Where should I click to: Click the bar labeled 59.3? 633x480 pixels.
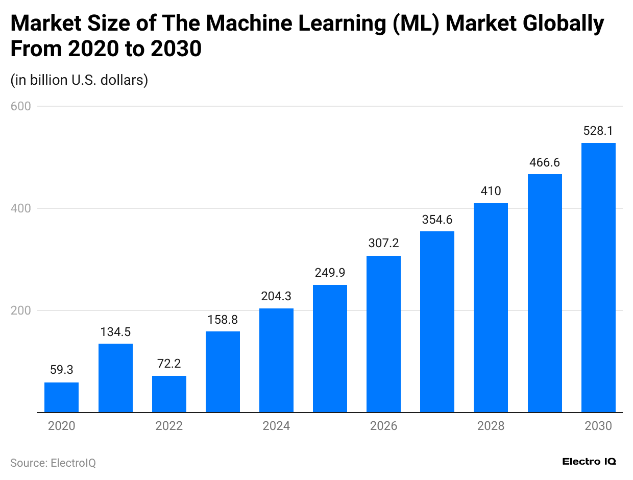[x=62, y=397]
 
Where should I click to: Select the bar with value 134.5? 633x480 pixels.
[x=115, y=378]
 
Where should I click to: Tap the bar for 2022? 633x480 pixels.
[x=169, y=394]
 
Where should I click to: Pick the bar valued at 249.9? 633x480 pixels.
[x=330, y=348]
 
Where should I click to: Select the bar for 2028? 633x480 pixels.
[x=491, y=307]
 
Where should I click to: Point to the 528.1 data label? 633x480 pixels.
[x=598, y=131]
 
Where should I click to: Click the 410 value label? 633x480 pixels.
[x=491, y=191]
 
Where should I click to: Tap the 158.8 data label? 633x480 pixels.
[x=223, y=320]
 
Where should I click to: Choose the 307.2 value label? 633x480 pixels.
[x=383, y=244]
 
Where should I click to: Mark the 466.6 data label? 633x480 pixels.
[x=545, y=162]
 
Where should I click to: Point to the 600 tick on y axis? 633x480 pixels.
[x=20, y=106]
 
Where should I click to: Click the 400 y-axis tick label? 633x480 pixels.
[x=20, y=208]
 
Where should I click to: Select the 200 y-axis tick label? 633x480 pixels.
[x=20, y=310]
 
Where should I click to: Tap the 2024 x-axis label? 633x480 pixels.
[x=276, y=426]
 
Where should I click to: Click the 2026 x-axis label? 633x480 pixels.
[x=383, y=426]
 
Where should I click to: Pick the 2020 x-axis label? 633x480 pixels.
[x=62, y=426]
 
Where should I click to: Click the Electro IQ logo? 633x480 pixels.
[x=589, y=462]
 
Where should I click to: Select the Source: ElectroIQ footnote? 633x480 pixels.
[x=53, y=463]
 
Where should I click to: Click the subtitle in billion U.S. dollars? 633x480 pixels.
[x=79, y=80]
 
